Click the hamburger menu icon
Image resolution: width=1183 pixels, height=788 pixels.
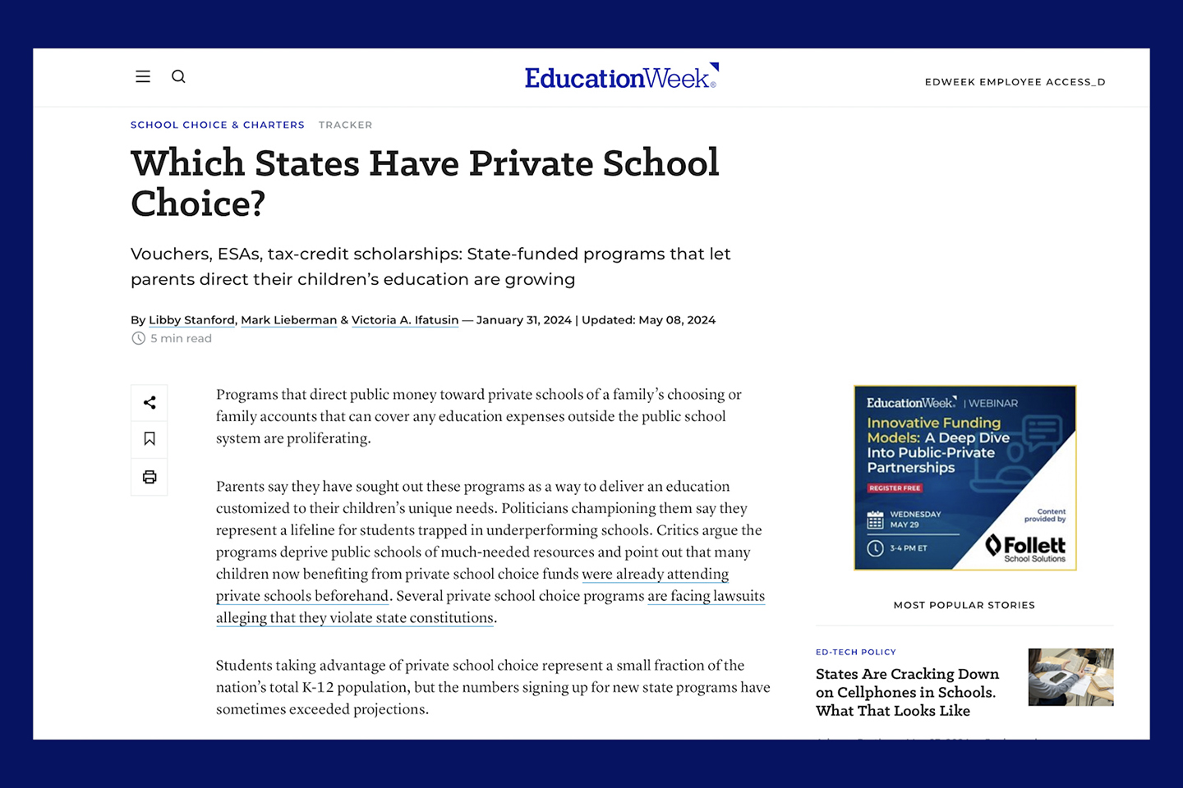pos(143,76)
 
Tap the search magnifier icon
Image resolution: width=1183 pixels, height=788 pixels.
pos(178,76)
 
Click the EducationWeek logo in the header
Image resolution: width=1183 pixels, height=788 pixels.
pos(621,77)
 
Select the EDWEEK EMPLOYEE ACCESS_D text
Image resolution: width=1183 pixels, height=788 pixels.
pos(1015,82)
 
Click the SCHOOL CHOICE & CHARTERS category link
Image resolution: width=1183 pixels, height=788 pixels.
pos(218,125)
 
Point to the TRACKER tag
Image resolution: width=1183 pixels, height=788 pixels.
pos(345,125)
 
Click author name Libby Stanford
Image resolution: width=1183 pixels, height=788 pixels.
pos(191,320)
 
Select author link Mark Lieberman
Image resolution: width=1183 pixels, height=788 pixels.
pos(288,320)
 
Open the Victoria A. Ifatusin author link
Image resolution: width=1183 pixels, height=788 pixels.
pos(405,320)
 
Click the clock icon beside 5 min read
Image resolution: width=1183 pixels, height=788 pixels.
pos(139,338)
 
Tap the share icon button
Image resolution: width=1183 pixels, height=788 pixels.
pos(150,402)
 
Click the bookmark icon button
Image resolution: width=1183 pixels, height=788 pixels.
pos(150,439)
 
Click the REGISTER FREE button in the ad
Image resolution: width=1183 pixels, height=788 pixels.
pos(895,488)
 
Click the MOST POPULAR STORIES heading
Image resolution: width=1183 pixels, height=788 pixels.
pos(964,605)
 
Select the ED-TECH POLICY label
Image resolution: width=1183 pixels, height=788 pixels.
pos(855,652)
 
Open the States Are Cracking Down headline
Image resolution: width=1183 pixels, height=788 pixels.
pos(906,692)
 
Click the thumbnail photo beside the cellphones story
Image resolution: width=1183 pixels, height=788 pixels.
pos(1070,677)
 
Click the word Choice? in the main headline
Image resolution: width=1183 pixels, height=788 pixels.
pos(198,204)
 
